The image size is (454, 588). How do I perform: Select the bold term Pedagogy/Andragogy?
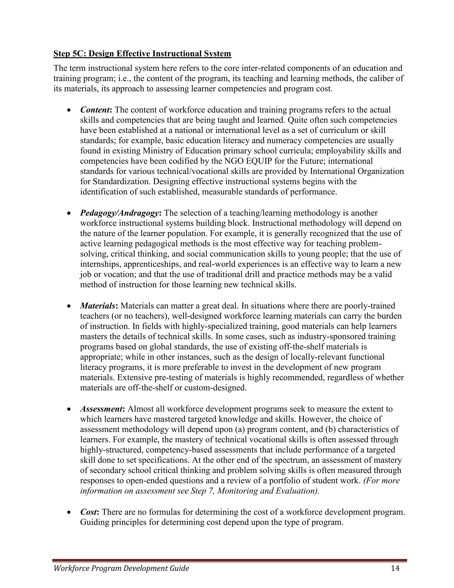click(x=119, y=213)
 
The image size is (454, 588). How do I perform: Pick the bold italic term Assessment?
click(x=101, y=409)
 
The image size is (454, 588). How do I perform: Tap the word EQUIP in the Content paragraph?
click(x=259, y=161)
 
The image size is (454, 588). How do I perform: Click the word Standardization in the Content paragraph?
click(x=121, y=182)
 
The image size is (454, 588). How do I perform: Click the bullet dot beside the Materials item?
click(x=69, y=306)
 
